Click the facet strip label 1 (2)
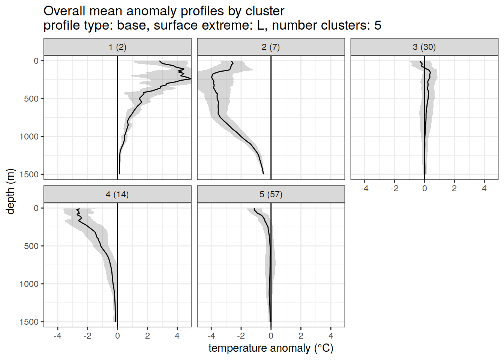[117, 47]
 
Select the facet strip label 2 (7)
[271, 47]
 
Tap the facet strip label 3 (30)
[424, 47]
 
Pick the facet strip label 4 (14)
[117, 195]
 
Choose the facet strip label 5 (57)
[271, 195]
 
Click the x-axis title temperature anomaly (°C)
[271, 348]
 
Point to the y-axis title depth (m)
[10, 191]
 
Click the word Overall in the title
[64, 11]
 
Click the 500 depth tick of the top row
[31, 99]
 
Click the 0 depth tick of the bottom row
[36, 208]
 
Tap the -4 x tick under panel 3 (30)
[364, 189]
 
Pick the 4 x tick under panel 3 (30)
[484, 189]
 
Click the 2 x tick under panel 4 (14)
[147, 336]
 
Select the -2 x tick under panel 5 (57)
[240, 336]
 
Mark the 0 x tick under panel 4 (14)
[117, 336]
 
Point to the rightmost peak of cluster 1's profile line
[190, 79]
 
